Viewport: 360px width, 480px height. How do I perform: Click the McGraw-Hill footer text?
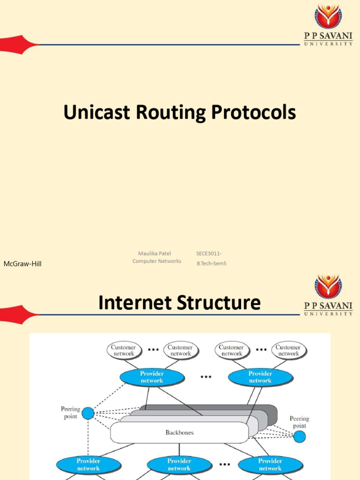click(x=22, y=264)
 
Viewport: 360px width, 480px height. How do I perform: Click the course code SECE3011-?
click(x=209, y=254)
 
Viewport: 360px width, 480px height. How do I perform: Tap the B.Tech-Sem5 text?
click(x=211, y=263)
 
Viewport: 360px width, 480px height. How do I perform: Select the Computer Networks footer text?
click(x=157, y=261)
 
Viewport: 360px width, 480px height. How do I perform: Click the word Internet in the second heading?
click(x=136, y=303)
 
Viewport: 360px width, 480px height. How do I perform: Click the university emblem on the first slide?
click(x=328, y=17)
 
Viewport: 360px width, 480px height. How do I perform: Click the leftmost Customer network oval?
click(x=124, y=351)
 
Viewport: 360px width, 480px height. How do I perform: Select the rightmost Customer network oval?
click(x=288, y=351)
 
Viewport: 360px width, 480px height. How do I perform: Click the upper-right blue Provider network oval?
click(x=260, y=377)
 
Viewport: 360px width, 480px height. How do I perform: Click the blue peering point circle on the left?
click(x=88, y=413)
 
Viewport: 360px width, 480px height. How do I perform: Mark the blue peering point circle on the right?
click(x=299, y=437)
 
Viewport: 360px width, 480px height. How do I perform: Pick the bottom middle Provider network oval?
click(x=179, y=465)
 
